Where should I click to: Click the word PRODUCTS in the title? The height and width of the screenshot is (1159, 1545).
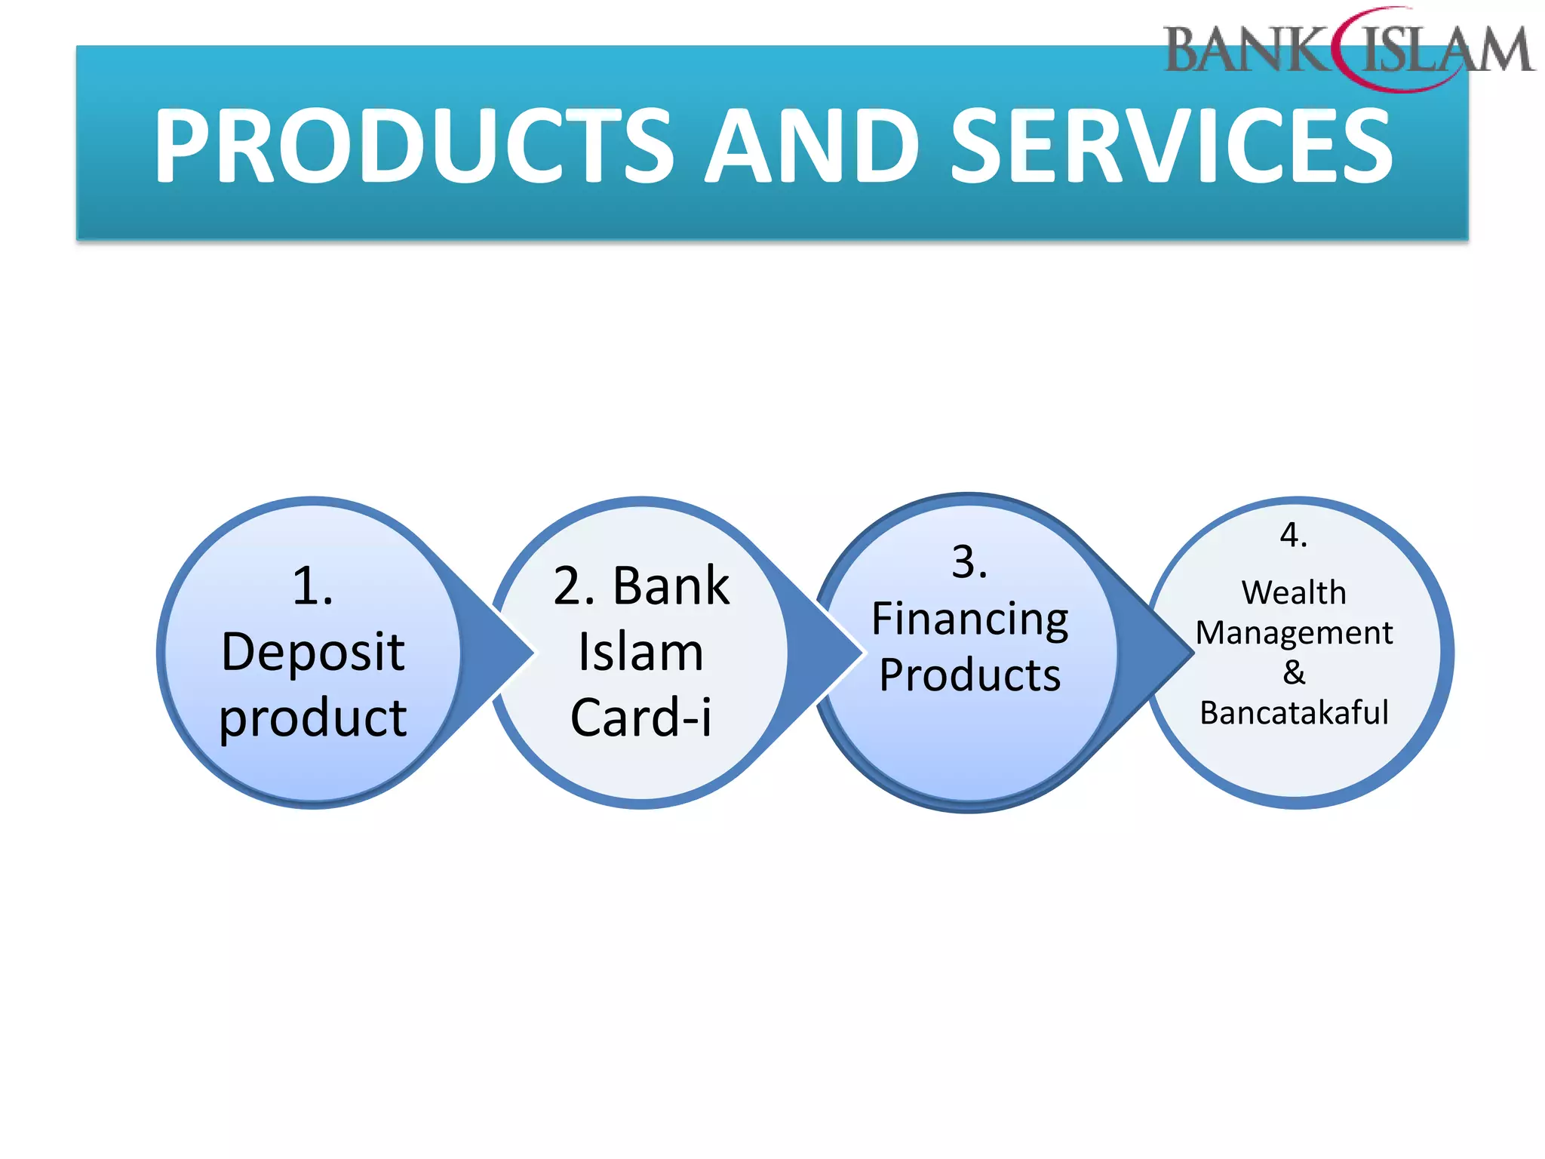413,145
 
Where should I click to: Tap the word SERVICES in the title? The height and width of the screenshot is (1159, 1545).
1171,145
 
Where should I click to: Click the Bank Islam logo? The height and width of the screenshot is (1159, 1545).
1349,50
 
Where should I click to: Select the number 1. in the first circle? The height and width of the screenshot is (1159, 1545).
312,586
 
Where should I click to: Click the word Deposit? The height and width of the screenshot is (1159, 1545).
312,652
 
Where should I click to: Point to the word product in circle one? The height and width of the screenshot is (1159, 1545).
312,717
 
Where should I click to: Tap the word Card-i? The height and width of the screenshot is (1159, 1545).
640,717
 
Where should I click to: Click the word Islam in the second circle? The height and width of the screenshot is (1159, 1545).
640,652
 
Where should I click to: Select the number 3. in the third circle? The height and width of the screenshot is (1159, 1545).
969,562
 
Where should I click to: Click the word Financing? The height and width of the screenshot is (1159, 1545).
969,620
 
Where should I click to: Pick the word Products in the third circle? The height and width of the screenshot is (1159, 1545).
969,675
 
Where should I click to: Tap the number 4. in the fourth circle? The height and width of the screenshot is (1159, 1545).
1293,535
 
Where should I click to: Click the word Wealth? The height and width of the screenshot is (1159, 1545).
1293,592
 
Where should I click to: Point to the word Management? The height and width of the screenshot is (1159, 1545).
1293,632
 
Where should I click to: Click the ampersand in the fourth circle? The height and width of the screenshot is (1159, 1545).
1293,672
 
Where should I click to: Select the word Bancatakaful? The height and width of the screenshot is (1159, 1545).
1293,712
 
